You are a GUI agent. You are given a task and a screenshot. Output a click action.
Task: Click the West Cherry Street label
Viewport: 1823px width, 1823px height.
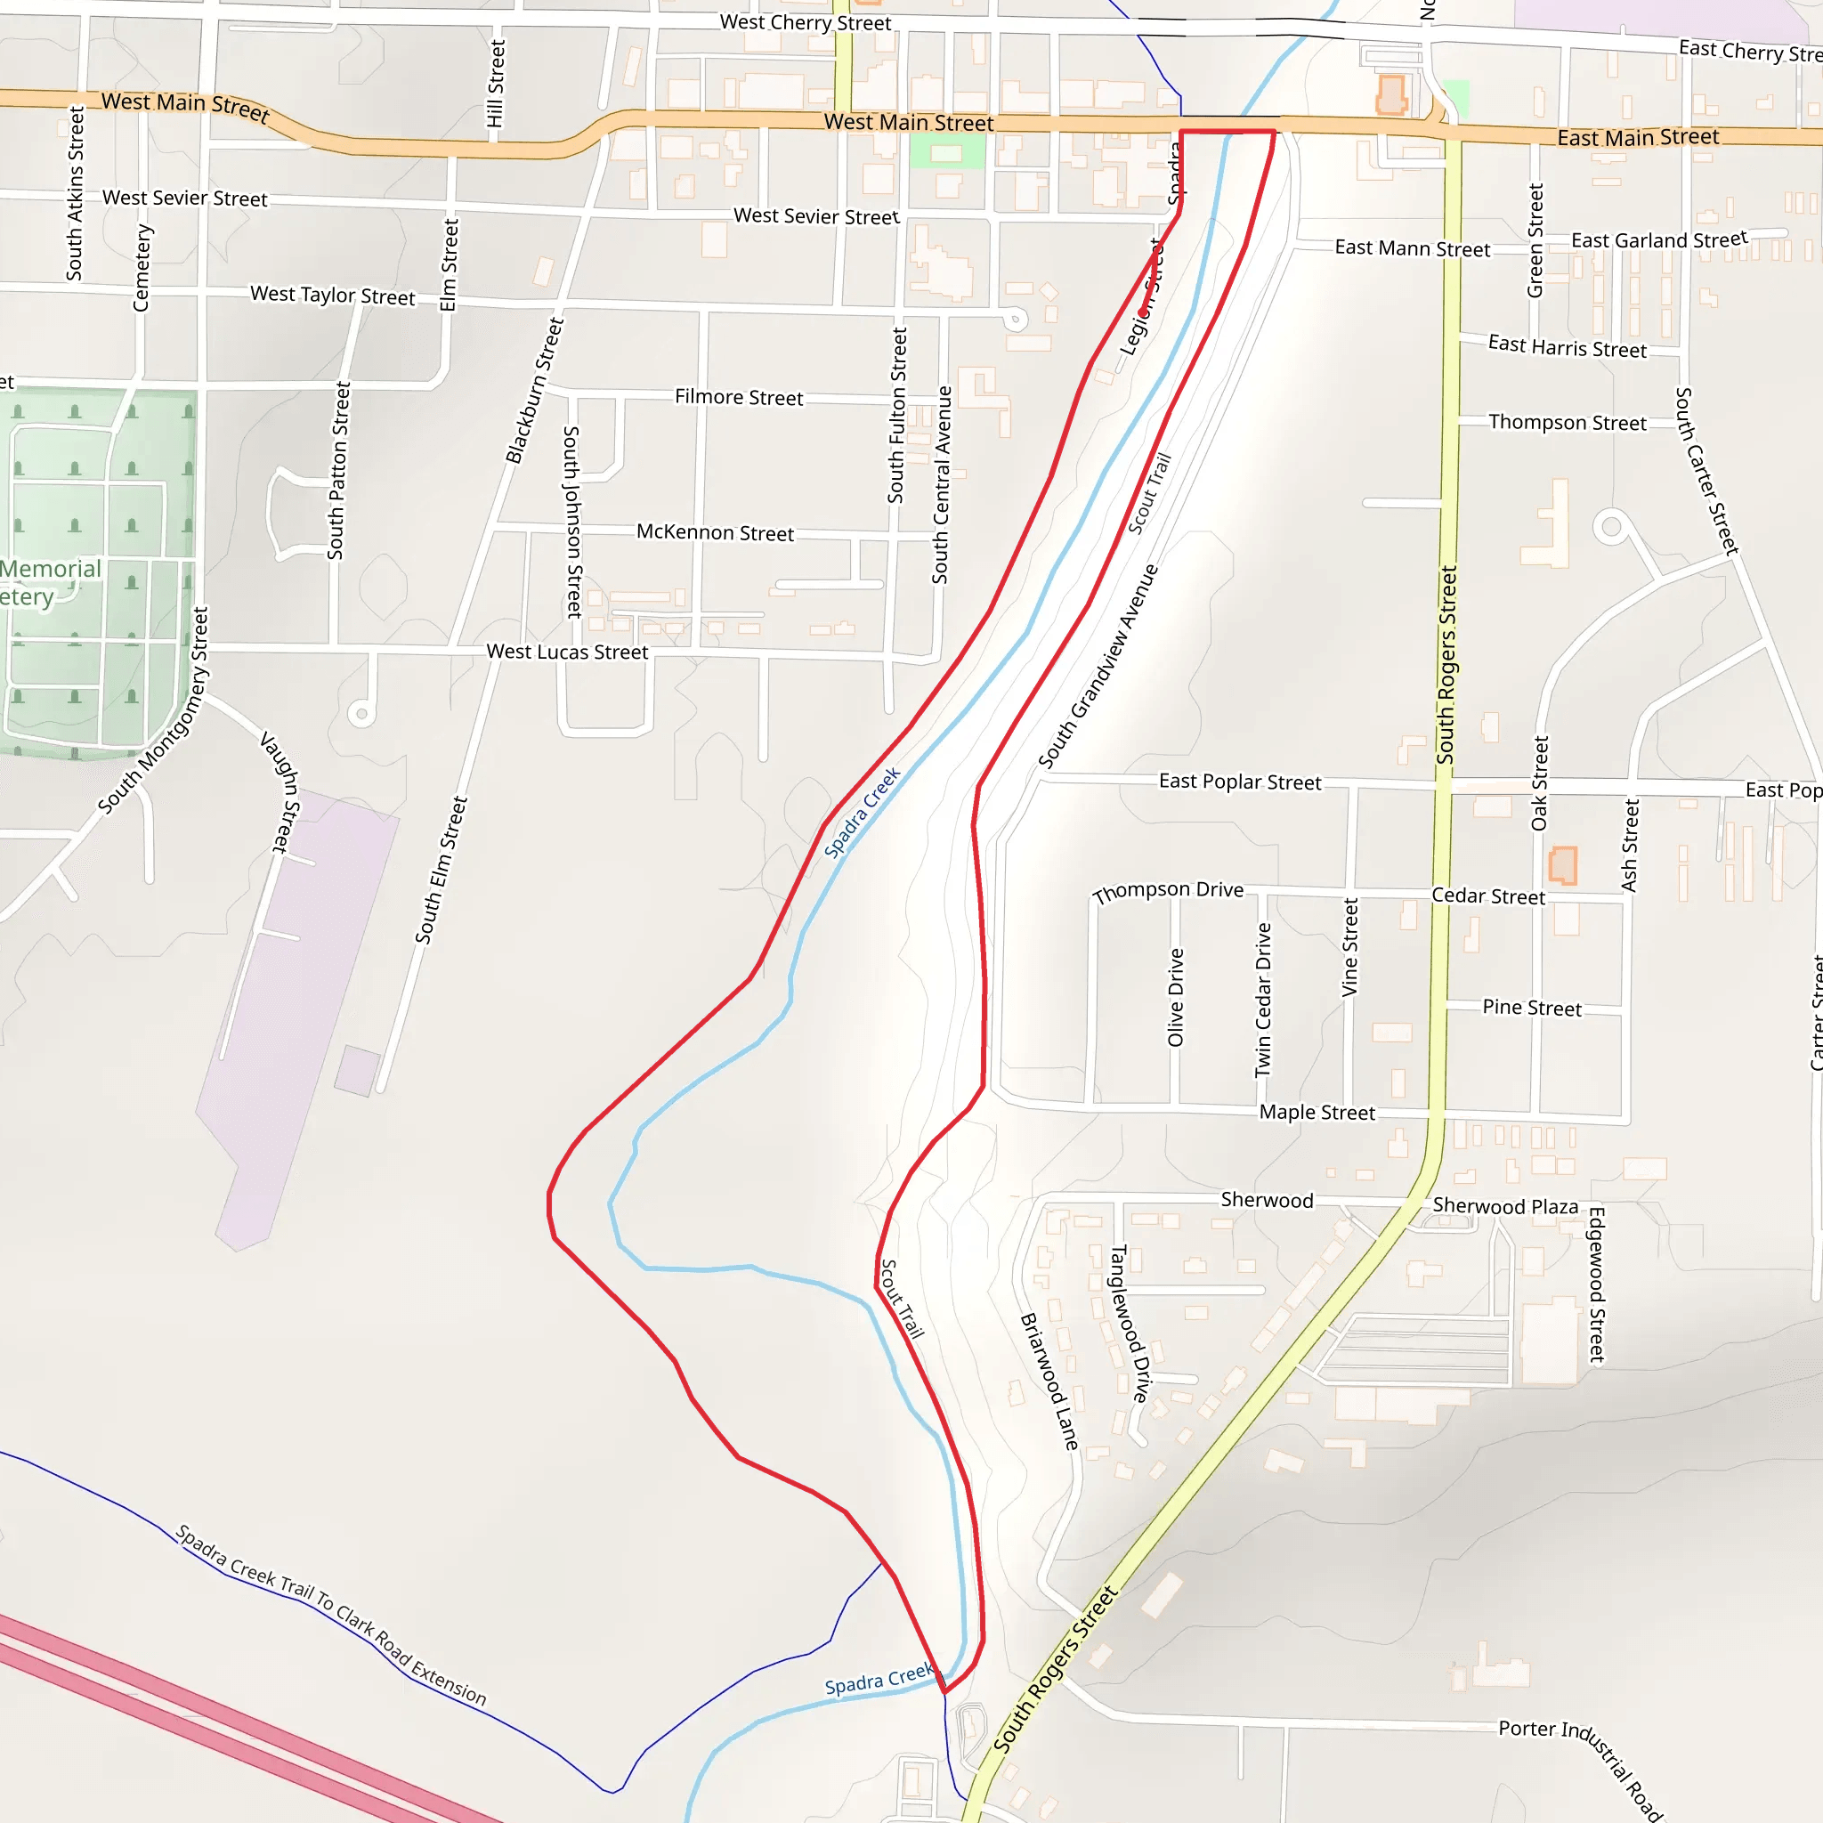pyautogui.click(x=805, y=22)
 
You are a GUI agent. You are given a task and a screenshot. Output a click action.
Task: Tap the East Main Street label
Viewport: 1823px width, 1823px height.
pyautogui.click(x=1637, y=138)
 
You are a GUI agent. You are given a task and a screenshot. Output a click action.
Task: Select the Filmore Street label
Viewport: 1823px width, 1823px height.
pyautogui.click(x=739, y=397)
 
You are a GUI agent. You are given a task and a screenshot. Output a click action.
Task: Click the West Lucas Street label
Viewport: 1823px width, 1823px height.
pyautogui.click(x=567, y=652)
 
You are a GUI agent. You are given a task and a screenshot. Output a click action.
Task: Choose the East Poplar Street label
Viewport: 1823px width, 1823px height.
pyautogui.click(x=1240, y=782)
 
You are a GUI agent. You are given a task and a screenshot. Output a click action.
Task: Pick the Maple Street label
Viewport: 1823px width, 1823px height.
pyautogui.click(x=1317, y=1113)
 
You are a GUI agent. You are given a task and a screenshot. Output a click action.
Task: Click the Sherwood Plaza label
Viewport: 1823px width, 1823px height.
pyautogui.click(x=1505, y=1206)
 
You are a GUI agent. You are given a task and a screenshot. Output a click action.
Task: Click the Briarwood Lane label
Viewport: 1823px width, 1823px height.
pyautogui.click(x=1050, y=1381)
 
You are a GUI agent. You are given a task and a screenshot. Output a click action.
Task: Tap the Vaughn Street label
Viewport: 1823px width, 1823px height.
pyautogui.click(x=280, y=792)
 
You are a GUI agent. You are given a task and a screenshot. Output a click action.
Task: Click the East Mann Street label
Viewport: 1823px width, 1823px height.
pyautogui.click(x=1412, y=248)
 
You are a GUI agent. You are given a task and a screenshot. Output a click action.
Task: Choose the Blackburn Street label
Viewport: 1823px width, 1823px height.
pyautogui.click(x=534, y=391)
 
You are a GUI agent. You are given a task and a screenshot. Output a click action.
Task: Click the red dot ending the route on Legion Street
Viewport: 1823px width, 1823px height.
pyautogui.click(x=1144, y=312)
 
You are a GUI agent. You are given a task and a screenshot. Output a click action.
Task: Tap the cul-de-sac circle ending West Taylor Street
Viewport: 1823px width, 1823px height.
pyautogui.click(x=1016, y=319)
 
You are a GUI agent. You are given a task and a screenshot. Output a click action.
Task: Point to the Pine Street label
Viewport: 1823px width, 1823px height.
pyautogui.click(x=1531, y=1008)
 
